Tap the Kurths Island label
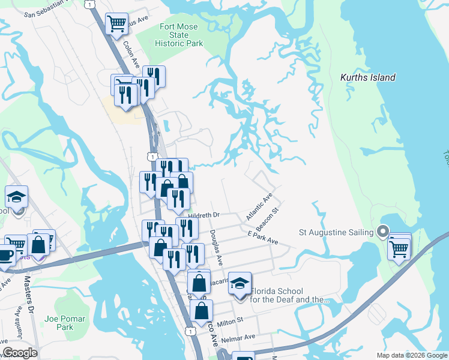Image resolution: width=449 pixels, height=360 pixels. [x=368, y=77]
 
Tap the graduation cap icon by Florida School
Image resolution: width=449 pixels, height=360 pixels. [x=240, y=283]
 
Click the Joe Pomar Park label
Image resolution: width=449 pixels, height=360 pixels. [x=64, y=323]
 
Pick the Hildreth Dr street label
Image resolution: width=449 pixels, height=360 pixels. [x=204, y=215]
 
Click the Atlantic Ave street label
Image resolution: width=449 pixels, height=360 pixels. [x=259, y=206]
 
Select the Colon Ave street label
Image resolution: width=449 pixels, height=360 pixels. [x=131, y=54]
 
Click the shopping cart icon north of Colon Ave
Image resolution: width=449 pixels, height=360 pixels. [x=116, y=24]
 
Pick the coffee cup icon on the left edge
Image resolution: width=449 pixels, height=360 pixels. [x=5, y=254]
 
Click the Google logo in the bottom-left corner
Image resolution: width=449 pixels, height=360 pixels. [x=20, y=352]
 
